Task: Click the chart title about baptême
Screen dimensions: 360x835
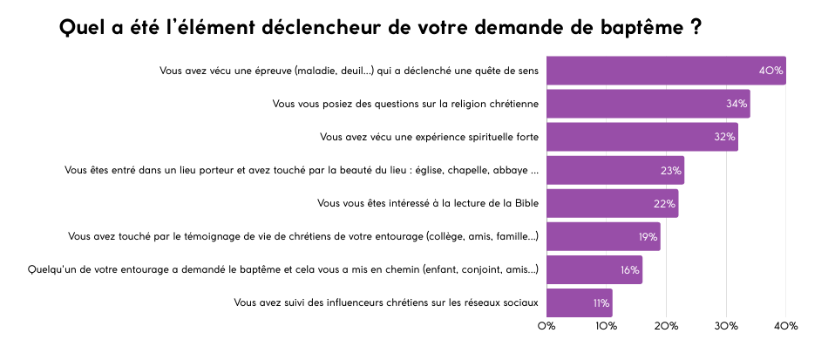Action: coord(380,28)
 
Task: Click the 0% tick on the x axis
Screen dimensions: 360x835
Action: coord(546,326)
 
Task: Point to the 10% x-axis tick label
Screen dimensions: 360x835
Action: coord(607,326)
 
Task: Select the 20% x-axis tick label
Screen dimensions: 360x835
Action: coord(667,326)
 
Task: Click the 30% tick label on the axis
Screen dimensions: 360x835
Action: coord(726,326)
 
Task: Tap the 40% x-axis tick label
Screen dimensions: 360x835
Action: coord(786,326)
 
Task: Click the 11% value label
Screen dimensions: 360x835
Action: coord(601,303)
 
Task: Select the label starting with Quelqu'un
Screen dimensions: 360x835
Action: coord(283,269)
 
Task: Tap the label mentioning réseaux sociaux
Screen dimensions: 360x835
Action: coord(386,302)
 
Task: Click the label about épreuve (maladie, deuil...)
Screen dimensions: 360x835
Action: coord(349,71)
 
